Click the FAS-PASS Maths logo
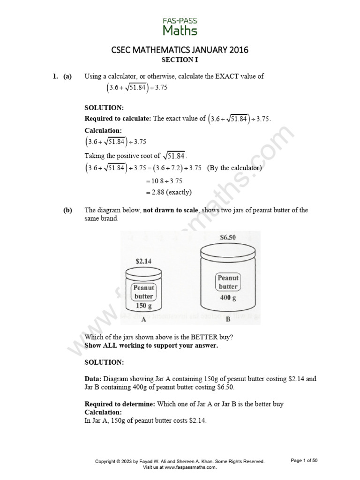180,27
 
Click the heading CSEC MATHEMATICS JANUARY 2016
180,50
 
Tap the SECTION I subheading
180,60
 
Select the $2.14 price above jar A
143,261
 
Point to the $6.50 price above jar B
228,237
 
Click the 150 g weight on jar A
143,306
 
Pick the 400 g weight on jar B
228,298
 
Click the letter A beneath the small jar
143,319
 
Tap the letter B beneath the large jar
228,320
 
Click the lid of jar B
228,252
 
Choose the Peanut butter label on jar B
228,282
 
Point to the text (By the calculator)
234,168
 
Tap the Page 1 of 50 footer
304,461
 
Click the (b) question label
68,210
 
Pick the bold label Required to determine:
120,404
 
